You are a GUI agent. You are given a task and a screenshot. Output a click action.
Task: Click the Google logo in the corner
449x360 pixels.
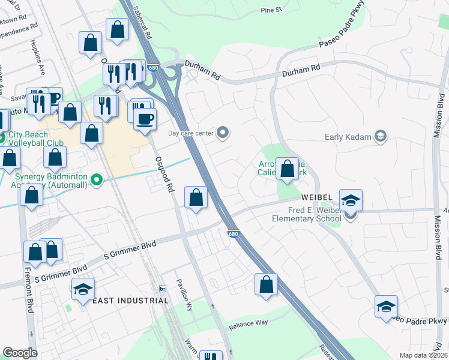pyautogui.click(x=20, y=353)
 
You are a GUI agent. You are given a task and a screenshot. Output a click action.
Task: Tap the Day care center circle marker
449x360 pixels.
pyautogui.click(x=223, y=133)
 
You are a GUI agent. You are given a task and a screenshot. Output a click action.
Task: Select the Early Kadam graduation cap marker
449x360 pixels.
pyautogui.click(x=380, y=136)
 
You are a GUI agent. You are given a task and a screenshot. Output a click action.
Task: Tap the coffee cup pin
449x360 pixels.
pyautogui.click(x=144, y=119)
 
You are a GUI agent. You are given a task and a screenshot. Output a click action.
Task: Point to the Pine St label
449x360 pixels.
pyautogui.click(x=271, y=10)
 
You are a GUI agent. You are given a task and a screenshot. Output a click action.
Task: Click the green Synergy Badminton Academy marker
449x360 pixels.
pyautogui.click(x=96, y=179)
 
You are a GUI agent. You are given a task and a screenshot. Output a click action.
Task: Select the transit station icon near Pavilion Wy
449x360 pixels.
pyautogui.click(x=163, y=289)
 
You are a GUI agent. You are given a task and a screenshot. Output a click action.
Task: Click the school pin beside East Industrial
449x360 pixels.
pyautogui.click(x=83, y=289)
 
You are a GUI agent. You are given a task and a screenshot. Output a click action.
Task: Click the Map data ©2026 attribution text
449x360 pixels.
pyautogui.click(x=423, y=355)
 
